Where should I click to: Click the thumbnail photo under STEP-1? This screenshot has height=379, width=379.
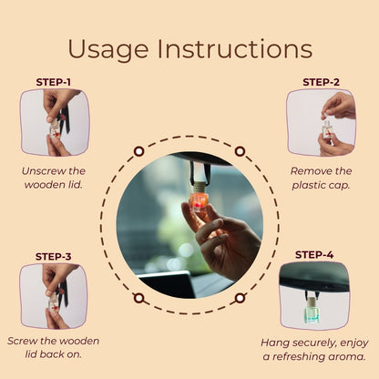(x=55, y=122)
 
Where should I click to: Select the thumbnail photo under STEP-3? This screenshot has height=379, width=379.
(x=54, y=296)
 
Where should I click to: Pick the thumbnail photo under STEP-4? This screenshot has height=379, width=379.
(x=314, y=295)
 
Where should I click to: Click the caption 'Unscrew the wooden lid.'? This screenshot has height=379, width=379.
(x=54, y=178)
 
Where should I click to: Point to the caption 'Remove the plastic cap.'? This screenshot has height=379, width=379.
(x=322, y=178)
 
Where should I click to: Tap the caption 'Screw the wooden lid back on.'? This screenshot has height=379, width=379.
(x=54, y=348)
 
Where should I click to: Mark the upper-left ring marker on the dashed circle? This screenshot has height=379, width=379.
(x=138, y=151)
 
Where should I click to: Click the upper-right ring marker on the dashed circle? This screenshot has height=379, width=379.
(x=240, y=151)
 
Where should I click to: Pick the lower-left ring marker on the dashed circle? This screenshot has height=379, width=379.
(x=138, y=297)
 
